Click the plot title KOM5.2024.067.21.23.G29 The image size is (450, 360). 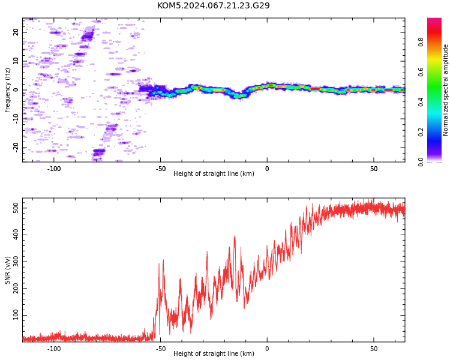(x=214, y=5)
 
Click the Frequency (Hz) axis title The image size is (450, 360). (x=7, y=90)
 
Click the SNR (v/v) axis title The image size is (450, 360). (x=7, y=270)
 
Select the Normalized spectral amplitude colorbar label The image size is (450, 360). (x=445, y=90)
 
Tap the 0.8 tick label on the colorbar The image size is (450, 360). (x=421, y=42)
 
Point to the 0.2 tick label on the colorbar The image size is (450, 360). (x=421, y=132)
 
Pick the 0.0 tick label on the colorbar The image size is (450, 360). (x=421, y=162)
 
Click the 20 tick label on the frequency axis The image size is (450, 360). (x=16, y=32)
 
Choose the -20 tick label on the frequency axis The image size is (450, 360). (x=16, y=148)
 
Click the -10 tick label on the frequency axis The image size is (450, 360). (x=16, y=119)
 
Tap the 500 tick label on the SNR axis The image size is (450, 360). (x=16, y=208)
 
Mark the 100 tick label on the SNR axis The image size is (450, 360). (x=16, y=315)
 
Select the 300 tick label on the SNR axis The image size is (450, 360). (x=16, y=262)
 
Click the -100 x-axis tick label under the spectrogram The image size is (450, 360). (x=53, y=169)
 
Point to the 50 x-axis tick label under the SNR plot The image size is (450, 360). (x=374, y=349)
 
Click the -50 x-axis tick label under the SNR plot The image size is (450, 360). (x=161, y=349)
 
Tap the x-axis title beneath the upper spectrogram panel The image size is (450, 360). (x=214, y=173)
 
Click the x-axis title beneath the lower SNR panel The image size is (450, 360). (x=214, y=353)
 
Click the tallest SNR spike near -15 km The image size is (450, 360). (x=235, y=236)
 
